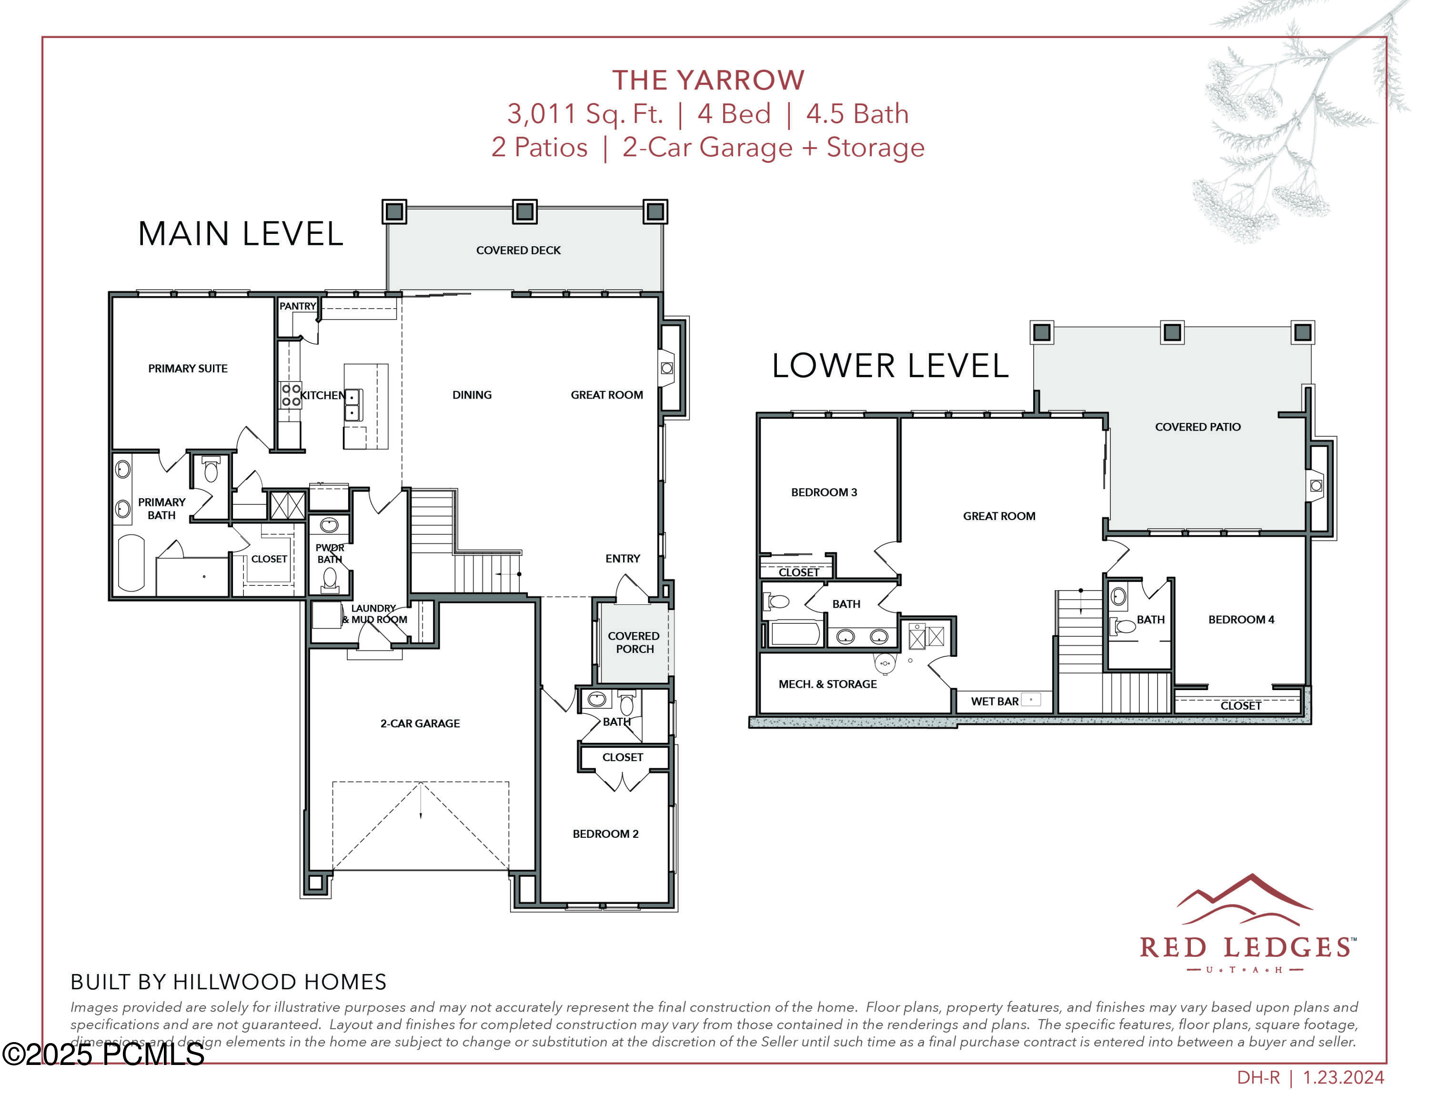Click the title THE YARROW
[708, 80]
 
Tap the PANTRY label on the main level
[298, 306]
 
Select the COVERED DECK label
[518, 251]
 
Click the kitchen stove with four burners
[291, 395]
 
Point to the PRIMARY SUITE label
[188, 369]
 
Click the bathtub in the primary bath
[131, 563]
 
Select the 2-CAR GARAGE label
[420, 723]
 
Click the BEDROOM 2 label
[605, 834]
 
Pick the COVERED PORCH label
[634, 642]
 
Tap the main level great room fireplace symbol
[667, 369]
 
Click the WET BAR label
[995, 702]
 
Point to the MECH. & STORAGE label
[827, 684]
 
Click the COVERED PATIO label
[1198, 427]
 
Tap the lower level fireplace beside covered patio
[1316, 486]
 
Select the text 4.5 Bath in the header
[857, 114]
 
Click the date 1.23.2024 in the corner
[1343, 1078]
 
